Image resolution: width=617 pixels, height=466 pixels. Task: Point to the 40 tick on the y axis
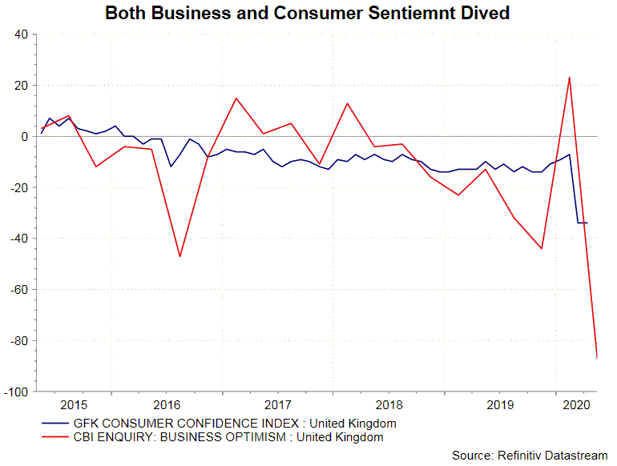[19, 34]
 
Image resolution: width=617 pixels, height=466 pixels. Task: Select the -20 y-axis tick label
[17, 187]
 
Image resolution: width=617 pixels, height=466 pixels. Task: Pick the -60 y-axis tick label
[17, 290]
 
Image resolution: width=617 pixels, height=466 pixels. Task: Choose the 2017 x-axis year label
[277, 404]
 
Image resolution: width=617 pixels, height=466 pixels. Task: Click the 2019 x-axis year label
[500, 404]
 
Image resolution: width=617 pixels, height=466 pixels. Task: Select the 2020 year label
[573, 404]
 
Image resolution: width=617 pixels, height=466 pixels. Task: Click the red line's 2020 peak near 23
[569, 78]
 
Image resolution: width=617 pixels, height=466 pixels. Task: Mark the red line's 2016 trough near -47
[179, 256]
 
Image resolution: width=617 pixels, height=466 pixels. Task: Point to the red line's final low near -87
[597, 358]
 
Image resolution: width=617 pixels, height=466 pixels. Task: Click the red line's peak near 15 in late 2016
[236, 98]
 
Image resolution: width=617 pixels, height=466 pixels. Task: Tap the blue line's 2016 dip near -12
[171, 167]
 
